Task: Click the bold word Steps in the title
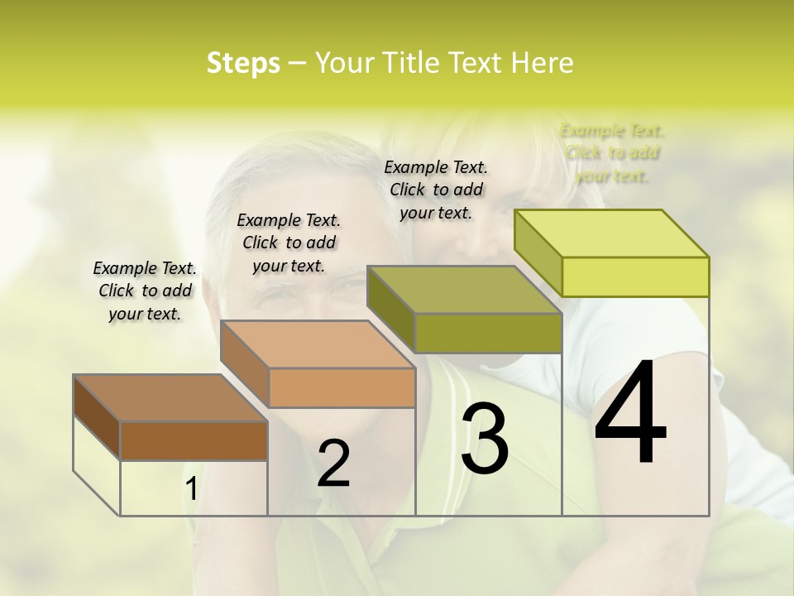[x=243, y=63]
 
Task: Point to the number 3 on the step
[x=485, y=439]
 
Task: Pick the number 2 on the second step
[x=333, y=464]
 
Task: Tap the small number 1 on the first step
[x=191, y=489]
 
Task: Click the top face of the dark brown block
[x=170, y=398]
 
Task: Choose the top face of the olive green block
[x=464, y=290]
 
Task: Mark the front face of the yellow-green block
[x=635, y=276]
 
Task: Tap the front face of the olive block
[x=488, y=333]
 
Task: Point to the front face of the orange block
[x=342, y=387]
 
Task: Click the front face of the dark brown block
[x=194, y=440]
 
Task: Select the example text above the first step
[x=145, y=291]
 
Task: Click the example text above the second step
[x=289, y=243]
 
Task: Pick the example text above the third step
[x=436, y=190]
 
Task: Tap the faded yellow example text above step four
[x=612, y=152]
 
